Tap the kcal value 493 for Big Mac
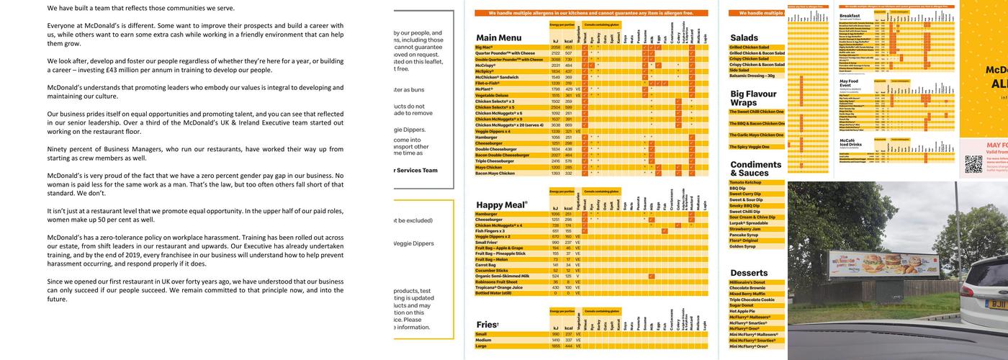pyautogui.click(x=567, y=48)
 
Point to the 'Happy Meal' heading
pyautogui.click(x=502, y=204)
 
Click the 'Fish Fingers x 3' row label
pyautogui.click(x=492, y=231)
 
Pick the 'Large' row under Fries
pyautogui.click(x=482, y=346)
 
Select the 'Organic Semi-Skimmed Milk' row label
pyautogui.click(x=502, y=276)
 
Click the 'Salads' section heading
pyautogui.click(x=744, y=37)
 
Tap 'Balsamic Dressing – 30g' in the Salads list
pyautogui.click(x=752, y=76)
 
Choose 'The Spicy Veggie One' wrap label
pyautogui.click(x=749, y=147)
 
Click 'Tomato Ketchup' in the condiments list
pyautogui.click(x=746, y=182)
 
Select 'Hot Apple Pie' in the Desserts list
pyautogui.click(x=745, y=311)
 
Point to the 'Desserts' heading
pyautogui.click(x=748, y=273)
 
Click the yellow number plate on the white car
pyautogui.click(x=996, y=303)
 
